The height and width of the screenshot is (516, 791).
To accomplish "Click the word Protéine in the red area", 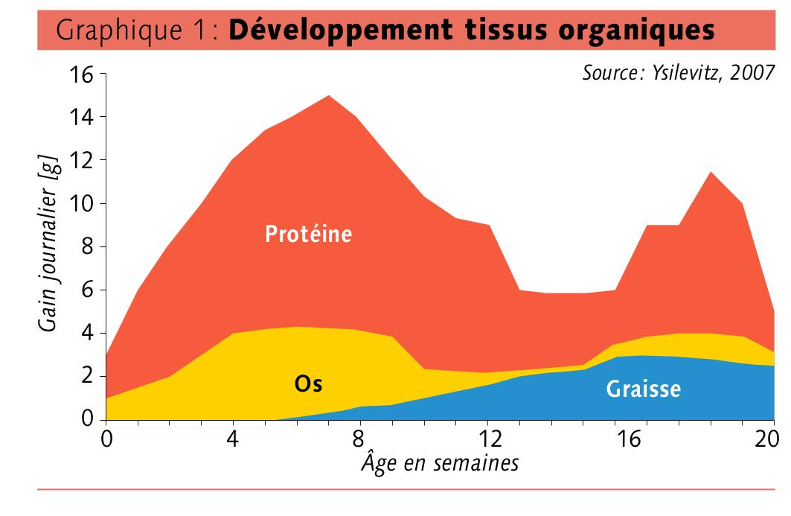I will [x=308, y=234].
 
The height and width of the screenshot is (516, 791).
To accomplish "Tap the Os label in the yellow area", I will [x=308, y=384].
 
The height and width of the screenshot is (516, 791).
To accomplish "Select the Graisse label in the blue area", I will [x=644, y=388].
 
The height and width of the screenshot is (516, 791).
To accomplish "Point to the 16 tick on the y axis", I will [x=83, y=74].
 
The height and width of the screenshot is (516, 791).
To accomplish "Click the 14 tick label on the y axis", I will [x=83, y=117].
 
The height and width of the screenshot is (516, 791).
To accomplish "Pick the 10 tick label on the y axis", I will [x=83, y=203].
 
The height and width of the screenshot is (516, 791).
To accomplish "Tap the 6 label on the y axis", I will [x=89, y=290].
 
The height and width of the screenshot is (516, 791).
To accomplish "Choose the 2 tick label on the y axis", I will [x=89, y=376].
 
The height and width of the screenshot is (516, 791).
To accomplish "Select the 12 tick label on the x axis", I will [x=489, y=440].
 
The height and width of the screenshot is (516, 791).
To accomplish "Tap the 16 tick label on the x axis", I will [x=630, y=440].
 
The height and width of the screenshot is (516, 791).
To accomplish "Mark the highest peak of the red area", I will [x=328, y=95].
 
